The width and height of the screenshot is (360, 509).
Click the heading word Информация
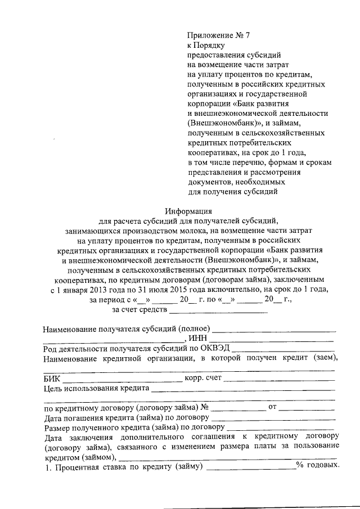[x=186, y=211]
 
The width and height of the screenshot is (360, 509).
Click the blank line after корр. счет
[x=280, y=381]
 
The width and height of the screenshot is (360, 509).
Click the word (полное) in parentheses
[x=194, y=328]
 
